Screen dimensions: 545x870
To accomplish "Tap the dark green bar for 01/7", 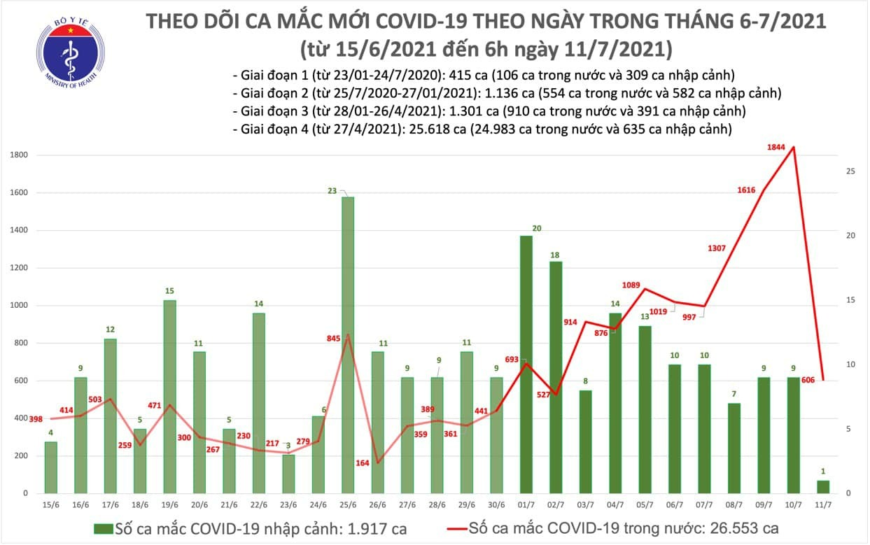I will tap(526, 364).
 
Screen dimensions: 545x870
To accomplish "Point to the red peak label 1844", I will tap(776, 147).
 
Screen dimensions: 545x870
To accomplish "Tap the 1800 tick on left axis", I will tap(19, 155).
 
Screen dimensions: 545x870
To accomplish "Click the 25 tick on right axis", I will tap(849, 171).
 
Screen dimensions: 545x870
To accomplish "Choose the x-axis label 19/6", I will tap(170, 504).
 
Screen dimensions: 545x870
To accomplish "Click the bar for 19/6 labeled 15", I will tap(169, 396).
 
